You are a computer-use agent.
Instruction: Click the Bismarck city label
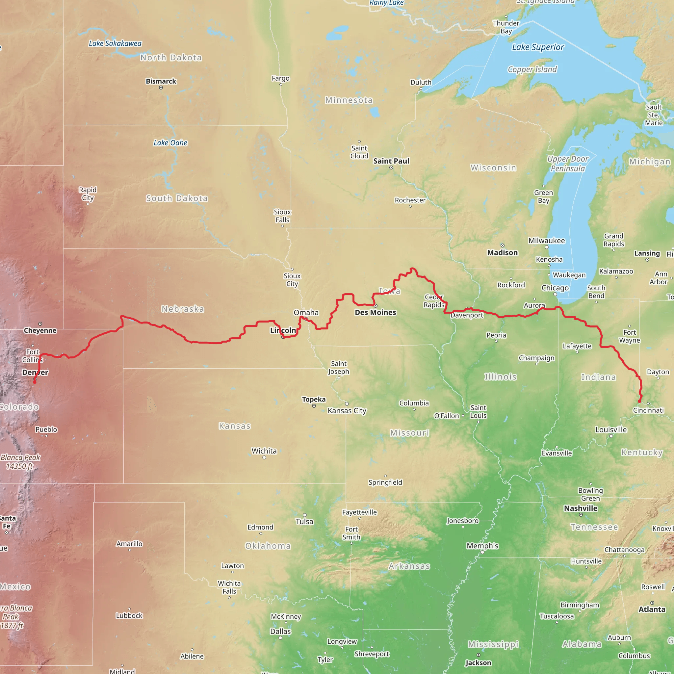pyautogui.click(x=161, y=81)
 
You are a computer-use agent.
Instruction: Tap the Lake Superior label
pyautogui.click(x=538, y=47)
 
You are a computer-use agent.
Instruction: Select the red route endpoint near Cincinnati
pyautogui.click(x=639, y=401)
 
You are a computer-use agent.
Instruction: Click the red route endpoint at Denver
pyautogui.click(x=35, y=382)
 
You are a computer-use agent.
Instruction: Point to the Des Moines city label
pyautogui.click(x=376, y=312)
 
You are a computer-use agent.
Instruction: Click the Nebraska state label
pyautogui.click(x=183, y=309)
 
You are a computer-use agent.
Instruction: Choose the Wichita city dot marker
pyautogui.click(x=264, y=457)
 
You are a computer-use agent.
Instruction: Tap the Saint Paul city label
pyautogui.click(x=391, y=161)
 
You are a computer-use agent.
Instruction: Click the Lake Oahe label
pyautogui.click(x=170, y=143)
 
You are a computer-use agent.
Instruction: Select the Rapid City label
pyautogui.click(x=88, y=194)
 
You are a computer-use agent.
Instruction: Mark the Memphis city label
pyautogui.click(x=482, y=546)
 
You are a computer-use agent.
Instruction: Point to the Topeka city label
pyautogui.click(x=314, y=399)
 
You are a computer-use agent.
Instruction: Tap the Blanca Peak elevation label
pyautogui.click(x=20, y=461)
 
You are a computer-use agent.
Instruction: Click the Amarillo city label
pyautogui.click(x=129, y=544)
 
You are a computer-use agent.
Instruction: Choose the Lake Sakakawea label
pyautogui.click(x=115, y=43)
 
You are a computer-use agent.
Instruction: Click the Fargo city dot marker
pyautogui.click(x=280, y=85)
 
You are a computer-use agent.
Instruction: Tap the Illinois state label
pyautogui.click(x=500, y=377)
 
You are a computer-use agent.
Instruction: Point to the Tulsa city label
pyautogui.click(x=304, y=522)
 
